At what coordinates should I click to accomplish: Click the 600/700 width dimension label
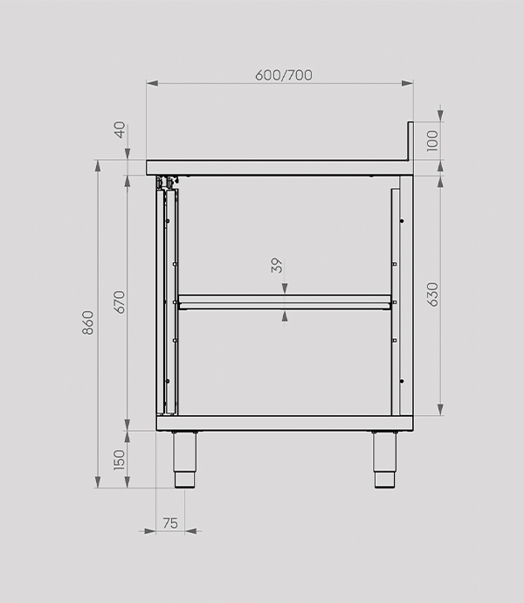coord(284,75)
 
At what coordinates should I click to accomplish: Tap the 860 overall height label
coord(88,322)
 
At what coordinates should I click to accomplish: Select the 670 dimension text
coord(120,301)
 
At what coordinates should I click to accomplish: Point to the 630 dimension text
coord(433,295)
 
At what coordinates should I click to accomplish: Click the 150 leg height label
coord(120,460)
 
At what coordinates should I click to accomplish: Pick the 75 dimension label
coord(170,523)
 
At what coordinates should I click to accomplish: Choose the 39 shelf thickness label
coord(277,266)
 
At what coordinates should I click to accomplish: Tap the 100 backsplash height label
coord(432,141)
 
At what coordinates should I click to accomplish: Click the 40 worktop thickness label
coord(121,129)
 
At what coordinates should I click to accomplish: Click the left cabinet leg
coord(185,460)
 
